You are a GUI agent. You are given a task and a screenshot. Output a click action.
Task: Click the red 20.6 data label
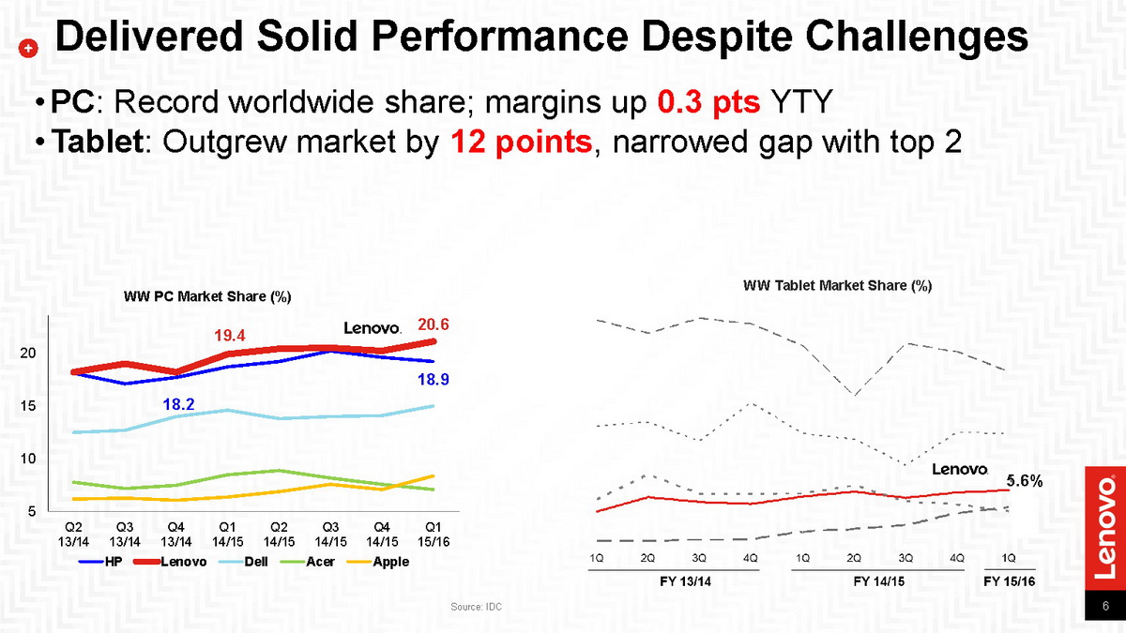point(434,324)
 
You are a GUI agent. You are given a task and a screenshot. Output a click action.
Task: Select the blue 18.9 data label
point(434,380)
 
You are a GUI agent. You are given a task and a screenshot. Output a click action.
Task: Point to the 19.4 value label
point(230,335)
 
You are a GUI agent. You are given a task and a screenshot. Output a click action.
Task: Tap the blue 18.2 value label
point(178,404)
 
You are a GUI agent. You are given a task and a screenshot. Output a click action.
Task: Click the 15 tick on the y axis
point(28,406)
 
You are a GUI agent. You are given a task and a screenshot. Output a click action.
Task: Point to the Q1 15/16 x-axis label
point(434,534)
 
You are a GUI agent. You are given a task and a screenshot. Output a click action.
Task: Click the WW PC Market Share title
point(207,297)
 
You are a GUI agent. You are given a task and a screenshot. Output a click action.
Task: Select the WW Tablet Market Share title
point(837,285)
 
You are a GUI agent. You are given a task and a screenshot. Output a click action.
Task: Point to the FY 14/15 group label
point(879,581)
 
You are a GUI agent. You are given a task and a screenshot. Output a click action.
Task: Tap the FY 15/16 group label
point(1009,581)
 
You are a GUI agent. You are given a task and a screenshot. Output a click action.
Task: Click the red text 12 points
point(522,142)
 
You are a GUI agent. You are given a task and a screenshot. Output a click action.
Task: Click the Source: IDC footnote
point(476,608)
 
